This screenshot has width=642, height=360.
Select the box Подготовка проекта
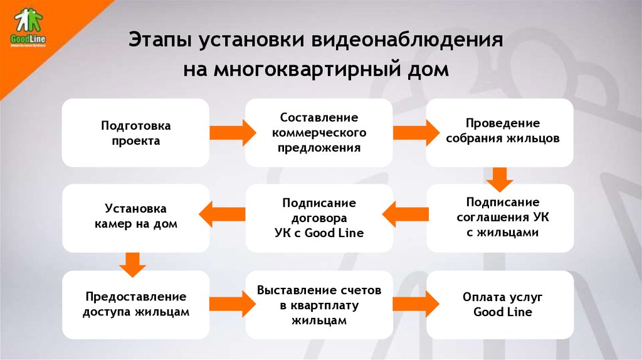tap(135, 132)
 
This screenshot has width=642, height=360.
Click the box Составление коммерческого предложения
tap(318, 132)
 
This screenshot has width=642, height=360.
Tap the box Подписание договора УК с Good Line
tap(318, 218)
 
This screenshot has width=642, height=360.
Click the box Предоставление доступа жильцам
tap(135, 304)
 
